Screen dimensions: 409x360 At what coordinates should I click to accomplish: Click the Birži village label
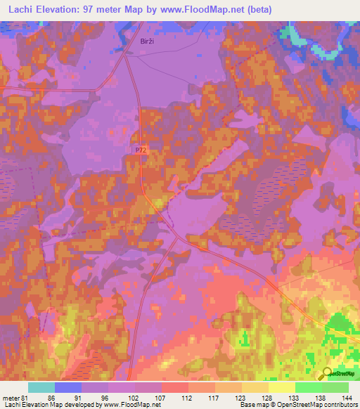point(146,41)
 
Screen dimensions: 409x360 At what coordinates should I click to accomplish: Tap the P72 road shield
point(142,150)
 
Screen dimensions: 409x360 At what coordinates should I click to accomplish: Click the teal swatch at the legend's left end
point(41,387)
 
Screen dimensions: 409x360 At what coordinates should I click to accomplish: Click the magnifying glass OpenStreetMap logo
point(326,374)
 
